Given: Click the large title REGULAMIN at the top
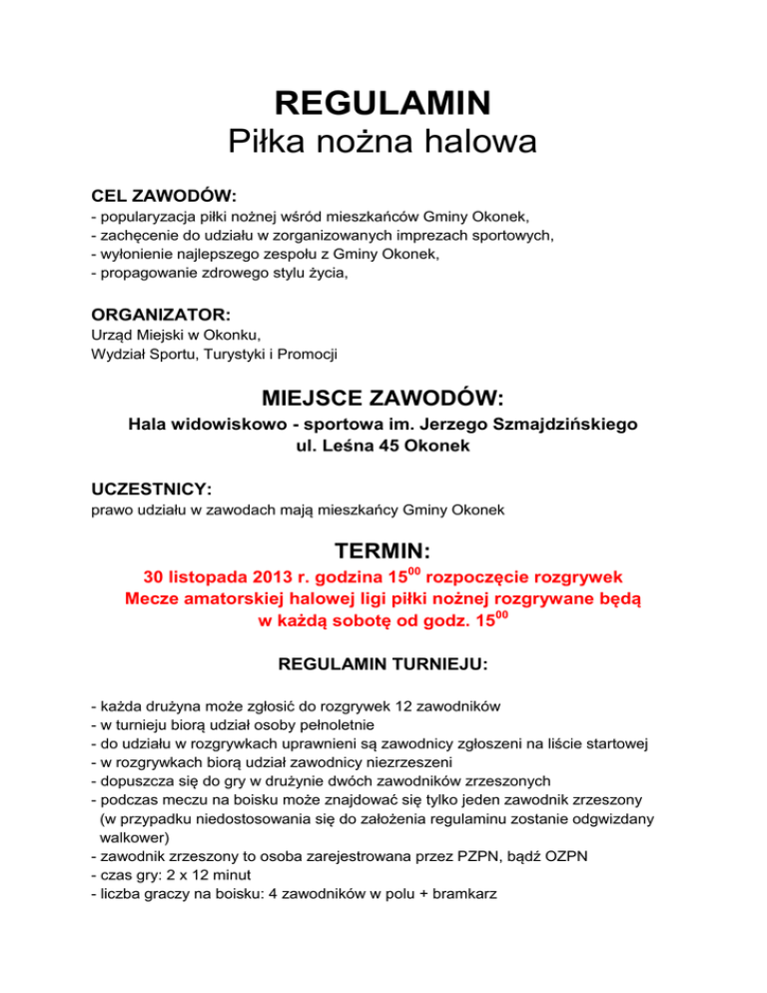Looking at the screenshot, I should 383,102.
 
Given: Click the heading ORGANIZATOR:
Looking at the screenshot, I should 161,314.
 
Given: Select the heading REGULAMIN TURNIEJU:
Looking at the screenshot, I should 383,663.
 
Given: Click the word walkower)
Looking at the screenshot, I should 135,837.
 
